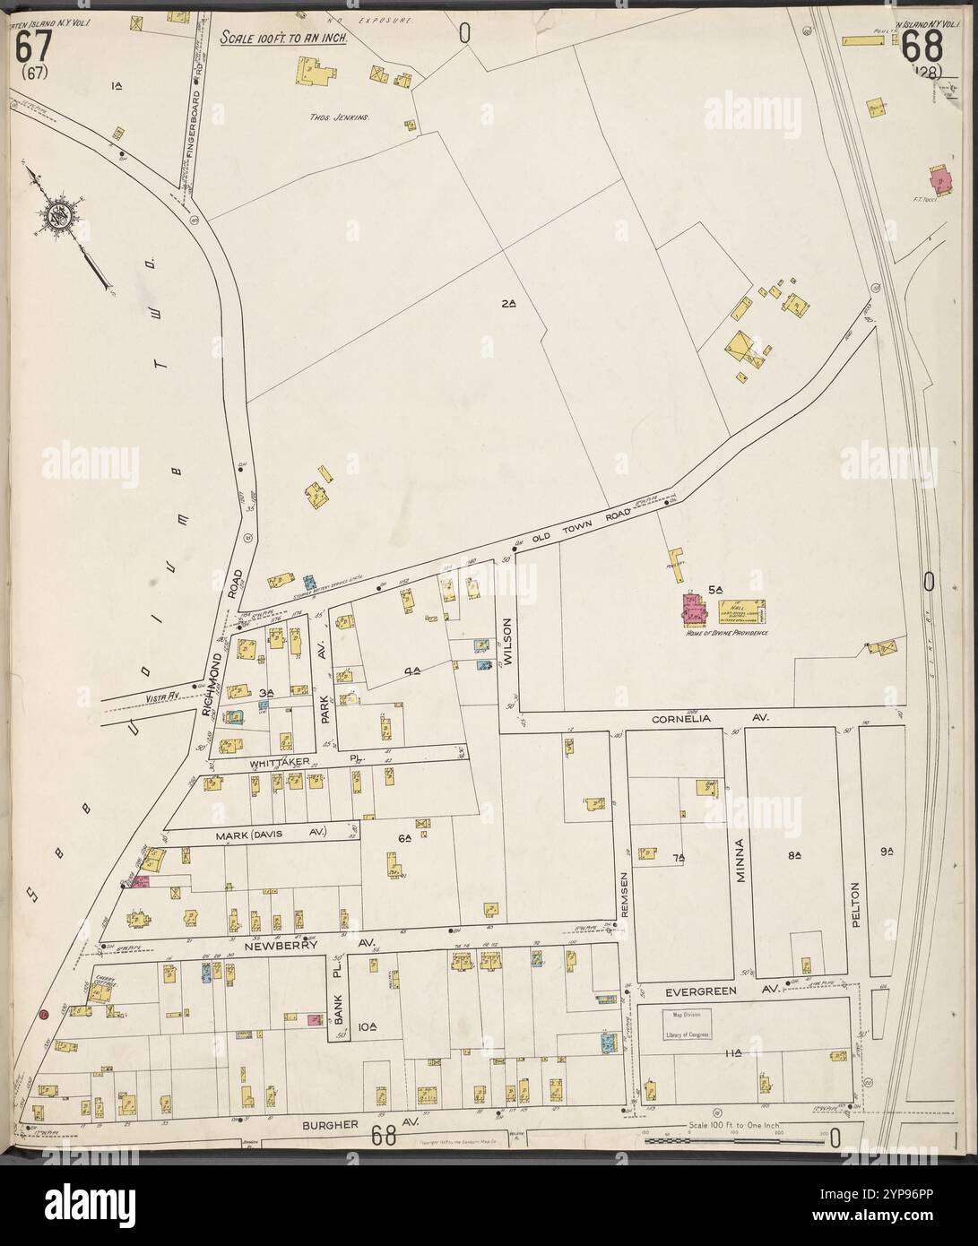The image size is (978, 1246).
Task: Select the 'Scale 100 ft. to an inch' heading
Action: pos(282,39)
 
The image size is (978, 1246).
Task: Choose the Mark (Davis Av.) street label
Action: pos(271,834)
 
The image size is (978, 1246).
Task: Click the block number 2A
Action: pos(508,304)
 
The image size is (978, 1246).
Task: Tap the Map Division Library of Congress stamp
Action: pos(687,1024)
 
